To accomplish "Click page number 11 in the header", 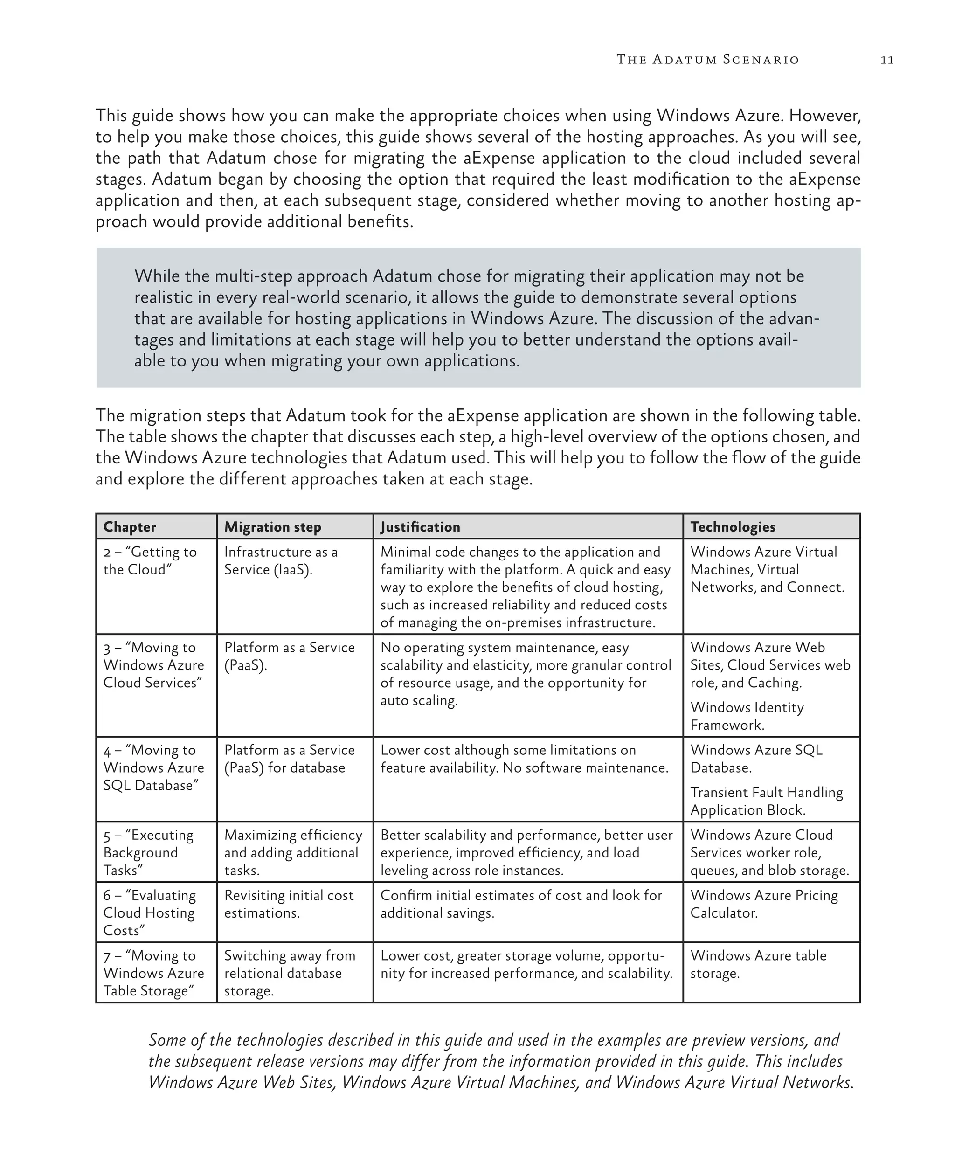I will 886,60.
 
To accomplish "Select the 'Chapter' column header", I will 130,526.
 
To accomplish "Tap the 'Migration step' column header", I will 272,526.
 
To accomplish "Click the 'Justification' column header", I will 420,526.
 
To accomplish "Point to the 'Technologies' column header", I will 732,526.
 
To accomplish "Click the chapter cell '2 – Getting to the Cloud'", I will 150,560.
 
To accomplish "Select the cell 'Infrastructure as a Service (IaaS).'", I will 281,560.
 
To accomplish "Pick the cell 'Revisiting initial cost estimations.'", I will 288,904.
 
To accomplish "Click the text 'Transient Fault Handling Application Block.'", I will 766,801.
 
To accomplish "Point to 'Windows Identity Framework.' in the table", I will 747,716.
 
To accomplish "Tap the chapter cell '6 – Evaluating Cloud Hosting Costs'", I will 149,912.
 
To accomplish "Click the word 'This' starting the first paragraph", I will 111,116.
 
